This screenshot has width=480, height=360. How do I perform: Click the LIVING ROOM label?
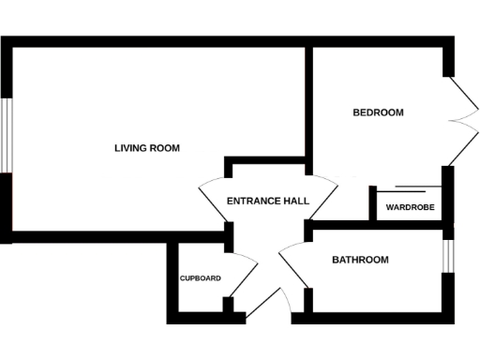click(x=146, y=148)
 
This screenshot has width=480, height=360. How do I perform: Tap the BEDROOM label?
click(x=378, y=112)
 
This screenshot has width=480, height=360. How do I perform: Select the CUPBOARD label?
click(x=201, y=278)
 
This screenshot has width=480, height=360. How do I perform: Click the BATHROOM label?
click(x=360, y=260)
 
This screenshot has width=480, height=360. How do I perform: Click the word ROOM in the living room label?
click(x=165, y=148)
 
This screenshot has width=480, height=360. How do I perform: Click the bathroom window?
click(x=448, y=254)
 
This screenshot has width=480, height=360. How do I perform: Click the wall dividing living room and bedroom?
click(x=308, y=103)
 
